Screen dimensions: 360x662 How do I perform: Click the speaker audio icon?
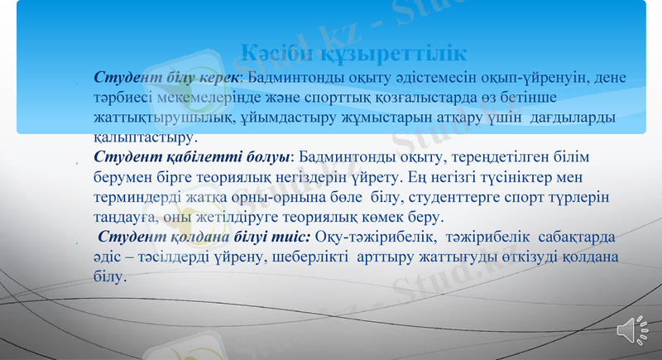pyautogui.click(x=632, y=330)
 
